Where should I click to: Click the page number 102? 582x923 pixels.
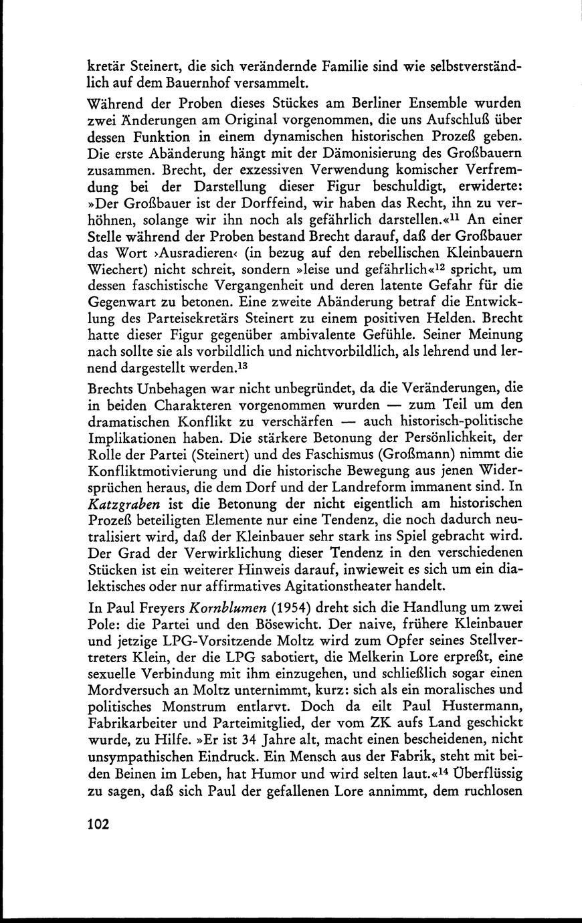[98, 824]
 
